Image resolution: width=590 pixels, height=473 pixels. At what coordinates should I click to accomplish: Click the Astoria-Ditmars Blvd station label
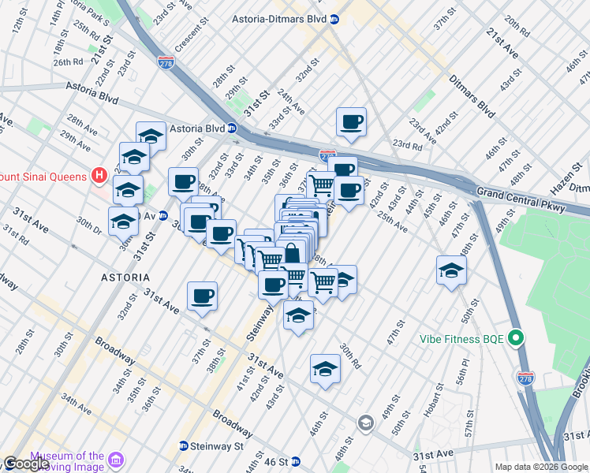(280, 19)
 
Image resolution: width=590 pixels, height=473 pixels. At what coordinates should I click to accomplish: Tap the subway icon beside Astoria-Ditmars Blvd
(334, 19)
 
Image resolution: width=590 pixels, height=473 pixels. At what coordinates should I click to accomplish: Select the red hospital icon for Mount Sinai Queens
(100, 175)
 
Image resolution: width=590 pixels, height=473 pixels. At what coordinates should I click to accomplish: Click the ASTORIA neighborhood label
(125, 277)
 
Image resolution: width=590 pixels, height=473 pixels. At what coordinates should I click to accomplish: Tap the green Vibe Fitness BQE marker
(517, 339)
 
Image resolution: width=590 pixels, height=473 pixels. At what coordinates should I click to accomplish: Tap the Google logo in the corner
(26, 464)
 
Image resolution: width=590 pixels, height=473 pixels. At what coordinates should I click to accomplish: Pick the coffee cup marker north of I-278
(351, 122)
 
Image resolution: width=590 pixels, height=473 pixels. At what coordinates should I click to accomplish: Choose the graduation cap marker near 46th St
(450, 270)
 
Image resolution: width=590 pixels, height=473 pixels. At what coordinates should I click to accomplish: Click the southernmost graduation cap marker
(325, 369)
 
